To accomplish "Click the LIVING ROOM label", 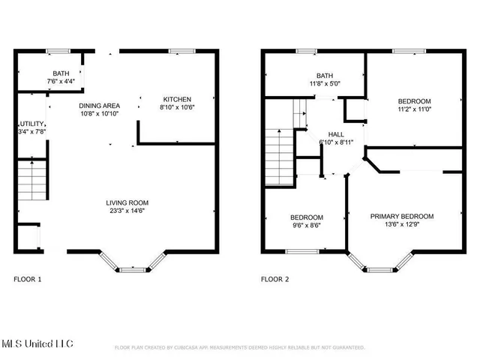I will click(x=127, y=202).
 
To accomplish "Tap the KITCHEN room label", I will click(x=178, y=99).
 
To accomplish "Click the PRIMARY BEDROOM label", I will click(x=401, y=216).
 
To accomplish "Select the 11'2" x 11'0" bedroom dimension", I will click(x=414, y=109).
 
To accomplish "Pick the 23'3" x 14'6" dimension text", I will click(x=127, y=211).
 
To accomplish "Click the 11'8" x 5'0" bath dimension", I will click(x=324, y=84).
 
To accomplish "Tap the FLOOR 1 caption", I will click(x=28, y=279).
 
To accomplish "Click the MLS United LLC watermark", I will click(x=37, y=343).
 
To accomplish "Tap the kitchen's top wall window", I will click(x=179, y=51).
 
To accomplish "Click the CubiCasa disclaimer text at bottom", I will click(x=239, y=348).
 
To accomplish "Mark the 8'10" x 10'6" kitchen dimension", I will click(x=178, y=107).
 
